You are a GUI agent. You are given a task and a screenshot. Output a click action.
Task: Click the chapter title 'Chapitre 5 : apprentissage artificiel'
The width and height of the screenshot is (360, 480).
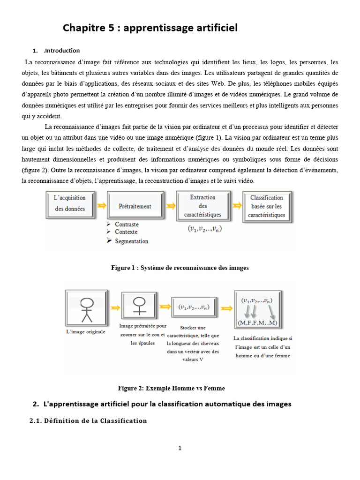(150, 28)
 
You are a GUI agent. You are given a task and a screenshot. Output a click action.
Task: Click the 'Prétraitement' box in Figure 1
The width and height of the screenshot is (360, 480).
(135, 206)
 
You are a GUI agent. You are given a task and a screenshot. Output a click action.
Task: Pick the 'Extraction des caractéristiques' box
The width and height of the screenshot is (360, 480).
(202, 206)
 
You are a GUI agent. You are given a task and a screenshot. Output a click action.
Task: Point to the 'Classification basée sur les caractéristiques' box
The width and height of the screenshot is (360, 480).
(267, 206)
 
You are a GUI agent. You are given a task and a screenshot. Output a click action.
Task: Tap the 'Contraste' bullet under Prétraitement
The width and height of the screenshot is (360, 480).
(127, 225)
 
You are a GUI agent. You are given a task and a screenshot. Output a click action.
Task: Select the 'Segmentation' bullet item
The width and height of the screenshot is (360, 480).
(131, 241)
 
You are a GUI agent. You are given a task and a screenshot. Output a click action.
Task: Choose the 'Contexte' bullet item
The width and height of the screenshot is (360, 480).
(126, 232)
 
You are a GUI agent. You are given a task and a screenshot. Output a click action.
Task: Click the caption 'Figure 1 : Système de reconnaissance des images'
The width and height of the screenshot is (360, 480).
(180, 268)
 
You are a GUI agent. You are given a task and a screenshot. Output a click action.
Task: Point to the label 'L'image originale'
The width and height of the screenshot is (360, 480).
(86, 332)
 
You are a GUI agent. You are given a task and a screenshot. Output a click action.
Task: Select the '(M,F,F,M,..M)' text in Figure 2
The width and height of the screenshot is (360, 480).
(257, 323)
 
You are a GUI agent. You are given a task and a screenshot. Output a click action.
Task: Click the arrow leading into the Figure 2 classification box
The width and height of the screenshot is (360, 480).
(227, 308)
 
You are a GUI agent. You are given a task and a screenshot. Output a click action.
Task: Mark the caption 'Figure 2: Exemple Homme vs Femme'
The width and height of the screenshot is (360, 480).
(171, 388)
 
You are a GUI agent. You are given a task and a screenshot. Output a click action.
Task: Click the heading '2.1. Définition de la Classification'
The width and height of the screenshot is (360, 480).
(88, 420)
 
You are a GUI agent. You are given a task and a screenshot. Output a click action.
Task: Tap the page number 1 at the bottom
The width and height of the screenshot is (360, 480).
(180, 448)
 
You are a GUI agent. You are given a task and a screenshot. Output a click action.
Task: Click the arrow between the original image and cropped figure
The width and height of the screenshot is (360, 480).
(114, 307)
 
